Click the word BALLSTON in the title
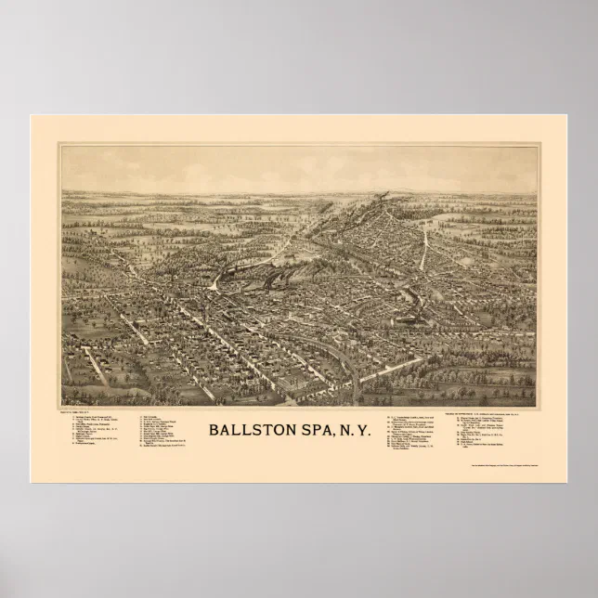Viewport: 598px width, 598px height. [x=255, y=430]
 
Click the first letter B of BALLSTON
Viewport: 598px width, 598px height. [x=213, y=430]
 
